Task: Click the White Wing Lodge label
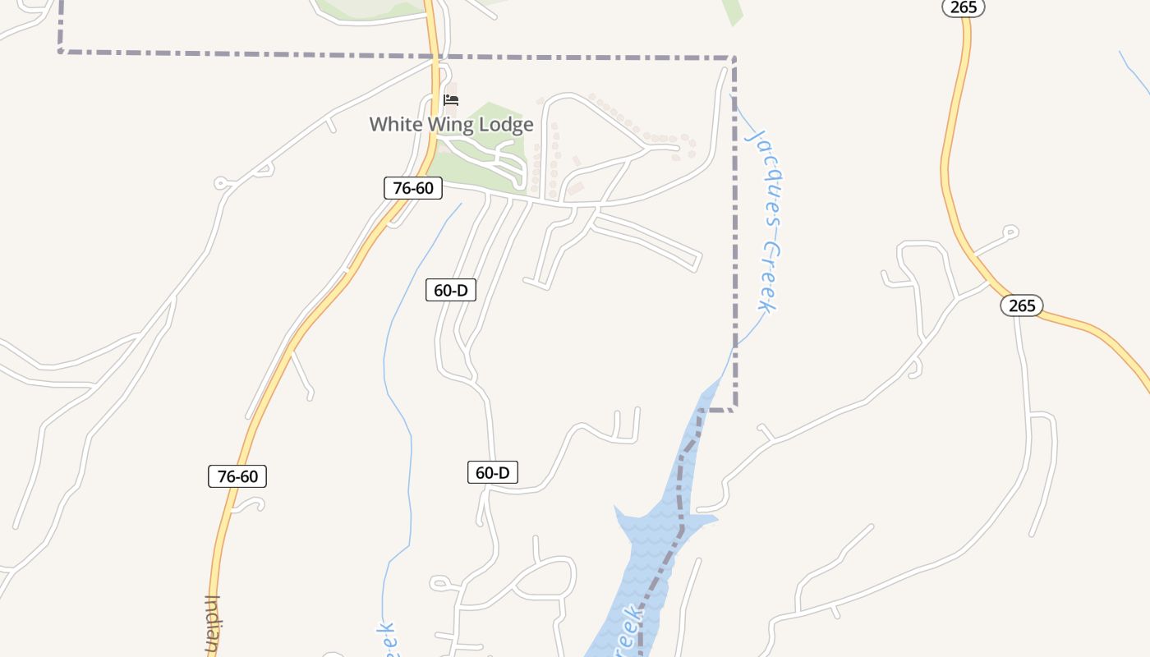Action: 451,125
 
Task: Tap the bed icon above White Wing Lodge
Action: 450,100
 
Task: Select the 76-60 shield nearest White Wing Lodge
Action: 413,188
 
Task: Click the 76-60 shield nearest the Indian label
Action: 237,476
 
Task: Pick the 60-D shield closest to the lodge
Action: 451,290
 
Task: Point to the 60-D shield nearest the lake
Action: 493,472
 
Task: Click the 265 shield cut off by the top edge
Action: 964,7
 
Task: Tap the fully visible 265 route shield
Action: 1022,306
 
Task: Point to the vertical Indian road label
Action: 212,624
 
